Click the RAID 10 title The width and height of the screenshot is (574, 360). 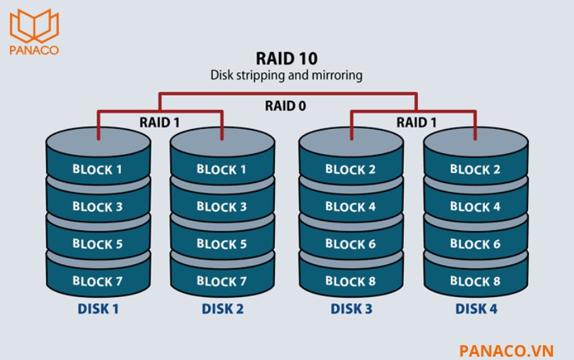(287, 58)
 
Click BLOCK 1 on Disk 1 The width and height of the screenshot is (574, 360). (97, 169)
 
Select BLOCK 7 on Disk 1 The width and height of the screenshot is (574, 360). (97, 280)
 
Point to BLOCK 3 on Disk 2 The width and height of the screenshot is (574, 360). (221, 206)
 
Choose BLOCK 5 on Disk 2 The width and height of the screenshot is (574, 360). (221, 243)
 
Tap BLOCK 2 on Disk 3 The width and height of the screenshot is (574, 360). (350, 169)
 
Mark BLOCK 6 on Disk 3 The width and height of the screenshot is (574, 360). (350, 243)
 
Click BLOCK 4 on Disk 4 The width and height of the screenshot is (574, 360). (475, 206)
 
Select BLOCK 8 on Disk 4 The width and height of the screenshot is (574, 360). (475, 280)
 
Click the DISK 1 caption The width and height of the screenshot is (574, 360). (97, 309)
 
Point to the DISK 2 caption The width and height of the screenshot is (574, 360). (222, 309)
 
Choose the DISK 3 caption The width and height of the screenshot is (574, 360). (350, 309)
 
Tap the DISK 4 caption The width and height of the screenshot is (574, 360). (475, 309)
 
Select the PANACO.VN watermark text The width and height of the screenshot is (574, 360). (506, 350)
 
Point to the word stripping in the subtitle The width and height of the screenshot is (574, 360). (264, 75)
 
